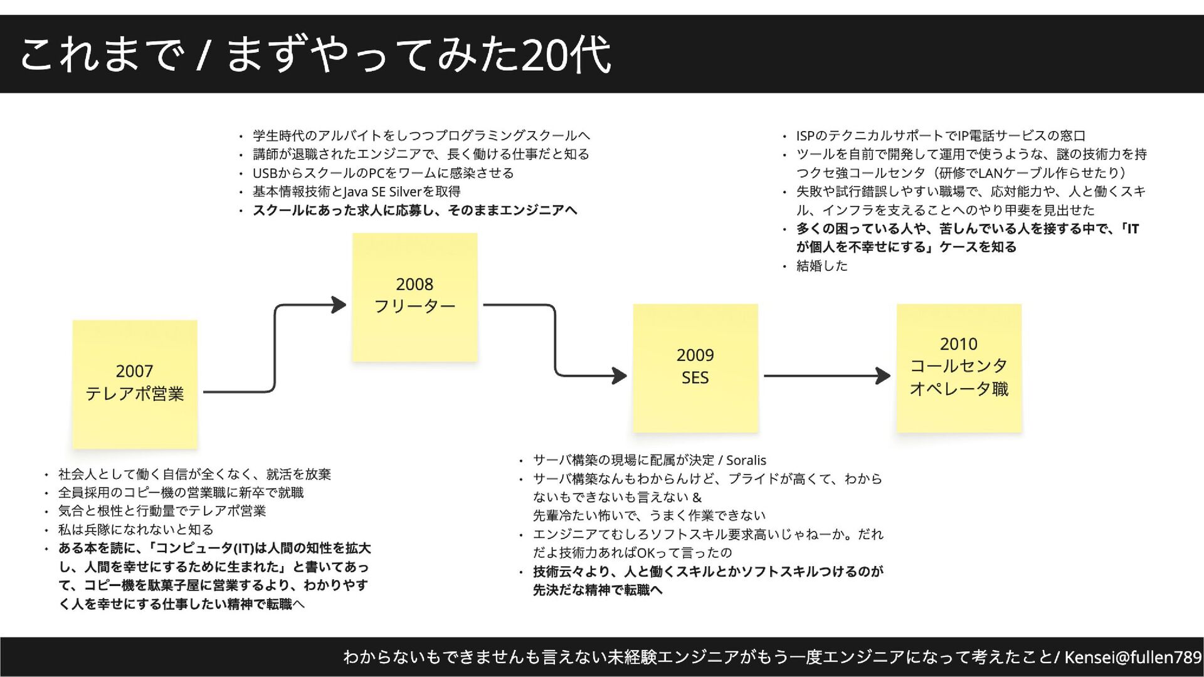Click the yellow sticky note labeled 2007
[x=135, y=384]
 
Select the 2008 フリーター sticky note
[x=415, y=297]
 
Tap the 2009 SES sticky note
[x=695, y=368]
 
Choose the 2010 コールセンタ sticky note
[x=959, y=368]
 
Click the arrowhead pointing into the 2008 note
[x=339, y=305]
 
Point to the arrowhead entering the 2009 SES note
[x=620, y=376]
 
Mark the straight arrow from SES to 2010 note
[x=826, y=376]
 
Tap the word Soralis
[x=746, y=461]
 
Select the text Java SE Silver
[x=383, y=192]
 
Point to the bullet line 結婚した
[x=821, y=266]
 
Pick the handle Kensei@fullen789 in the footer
[x=1133, y=657]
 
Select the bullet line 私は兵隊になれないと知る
[x=135, y=530]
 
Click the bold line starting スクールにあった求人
[x=414, y=211]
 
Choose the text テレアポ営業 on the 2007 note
[x=135, y=394]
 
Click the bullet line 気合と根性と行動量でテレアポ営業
[x=162, y=512]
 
